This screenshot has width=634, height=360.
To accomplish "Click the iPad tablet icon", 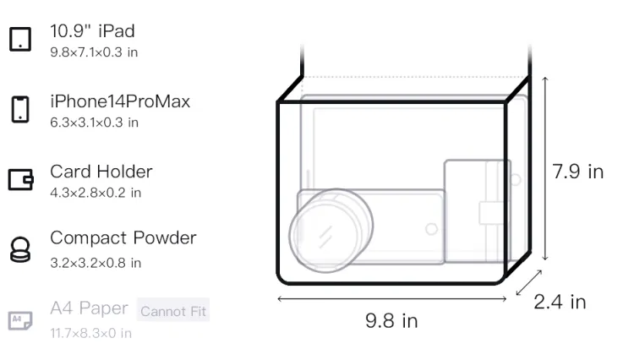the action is tap(20, 39).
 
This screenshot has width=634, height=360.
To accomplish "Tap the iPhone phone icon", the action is tap(20, 109).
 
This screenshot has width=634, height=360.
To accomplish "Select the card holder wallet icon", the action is tap(20, 179).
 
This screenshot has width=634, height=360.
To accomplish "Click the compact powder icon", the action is tap(20, 249).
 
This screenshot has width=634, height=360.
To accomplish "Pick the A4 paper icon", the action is tap(20, 320).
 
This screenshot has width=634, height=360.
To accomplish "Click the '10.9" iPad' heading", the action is tap(92, 31).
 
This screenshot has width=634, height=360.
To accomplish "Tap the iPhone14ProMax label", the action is tap(120, 101).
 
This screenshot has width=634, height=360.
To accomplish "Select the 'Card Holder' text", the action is tap(101, 172).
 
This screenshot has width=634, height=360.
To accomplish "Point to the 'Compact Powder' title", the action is tap(123, 238).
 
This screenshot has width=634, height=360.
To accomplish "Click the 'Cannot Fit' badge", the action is tap(173, 310).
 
